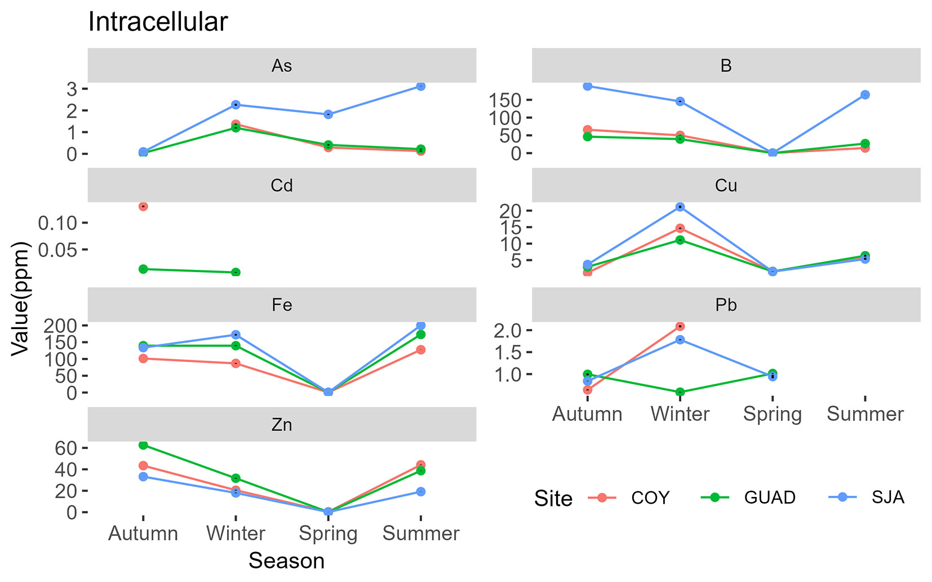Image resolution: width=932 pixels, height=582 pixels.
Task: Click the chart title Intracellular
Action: [x=158, y=23]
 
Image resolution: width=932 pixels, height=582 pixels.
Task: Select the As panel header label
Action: [x=282, y=66]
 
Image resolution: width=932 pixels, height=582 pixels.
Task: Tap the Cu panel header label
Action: [x=726, y=185]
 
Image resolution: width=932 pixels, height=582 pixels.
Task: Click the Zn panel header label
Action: [x=282, y=424]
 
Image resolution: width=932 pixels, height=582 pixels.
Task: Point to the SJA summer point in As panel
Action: [x=421, y=86]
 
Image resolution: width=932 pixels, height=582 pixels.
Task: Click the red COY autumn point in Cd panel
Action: [x=143, y=207]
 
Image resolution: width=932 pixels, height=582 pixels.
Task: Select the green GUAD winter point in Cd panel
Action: [x=236, y=273]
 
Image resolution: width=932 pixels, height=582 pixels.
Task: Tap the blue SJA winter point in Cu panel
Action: [x=680, y=207]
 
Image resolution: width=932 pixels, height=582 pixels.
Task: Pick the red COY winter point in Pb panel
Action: [x=680, y=326]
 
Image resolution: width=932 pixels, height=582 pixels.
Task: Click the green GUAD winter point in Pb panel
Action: [x=680, y=392]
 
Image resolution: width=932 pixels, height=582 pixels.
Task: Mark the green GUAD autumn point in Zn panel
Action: [x=143, y=445]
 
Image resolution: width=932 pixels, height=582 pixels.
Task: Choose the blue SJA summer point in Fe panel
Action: [x=421, y=326]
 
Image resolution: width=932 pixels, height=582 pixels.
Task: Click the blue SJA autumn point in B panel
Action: [x=588, y=86]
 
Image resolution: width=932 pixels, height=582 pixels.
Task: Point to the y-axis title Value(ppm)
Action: [x=21, y=299]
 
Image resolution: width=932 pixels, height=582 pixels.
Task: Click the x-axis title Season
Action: [x=286, y=561]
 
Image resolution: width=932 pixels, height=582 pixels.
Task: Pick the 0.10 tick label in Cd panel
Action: [x=57, y=223]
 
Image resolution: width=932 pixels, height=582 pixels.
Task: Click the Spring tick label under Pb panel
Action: [x=772, y=414]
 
